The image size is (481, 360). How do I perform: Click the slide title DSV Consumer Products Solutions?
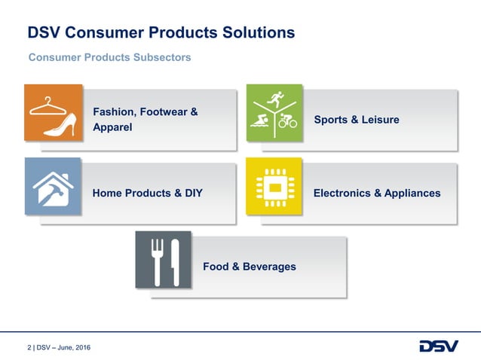(x=161, y=33)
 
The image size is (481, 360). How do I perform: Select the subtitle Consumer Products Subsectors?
(x=109, y=57)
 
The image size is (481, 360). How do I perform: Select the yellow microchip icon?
(x=274, y=186)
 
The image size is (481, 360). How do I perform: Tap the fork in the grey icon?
(x=158, y=261)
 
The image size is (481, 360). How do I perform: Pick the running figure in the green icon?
(x=276, y=99)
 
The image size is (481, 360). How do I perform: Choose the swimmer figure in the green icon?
(x=261, y=120)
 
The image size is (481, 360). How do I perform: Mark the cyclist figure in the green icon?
(x=287, y=121)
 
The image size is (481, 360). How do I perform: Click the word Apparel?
(x=112, y=127)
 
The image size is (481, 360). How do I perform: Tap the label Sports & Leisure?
(x=356, y=120)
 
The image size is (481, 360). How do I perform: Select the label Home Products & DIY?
(x=147, y=193)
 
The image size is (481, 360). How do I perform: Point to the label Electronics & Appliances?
(x=376, y=193)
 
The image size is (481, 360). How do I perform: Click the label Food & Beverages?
(x=249, y=267)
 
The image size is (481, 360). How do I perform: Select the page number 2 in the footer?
(x=29, y=347)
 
